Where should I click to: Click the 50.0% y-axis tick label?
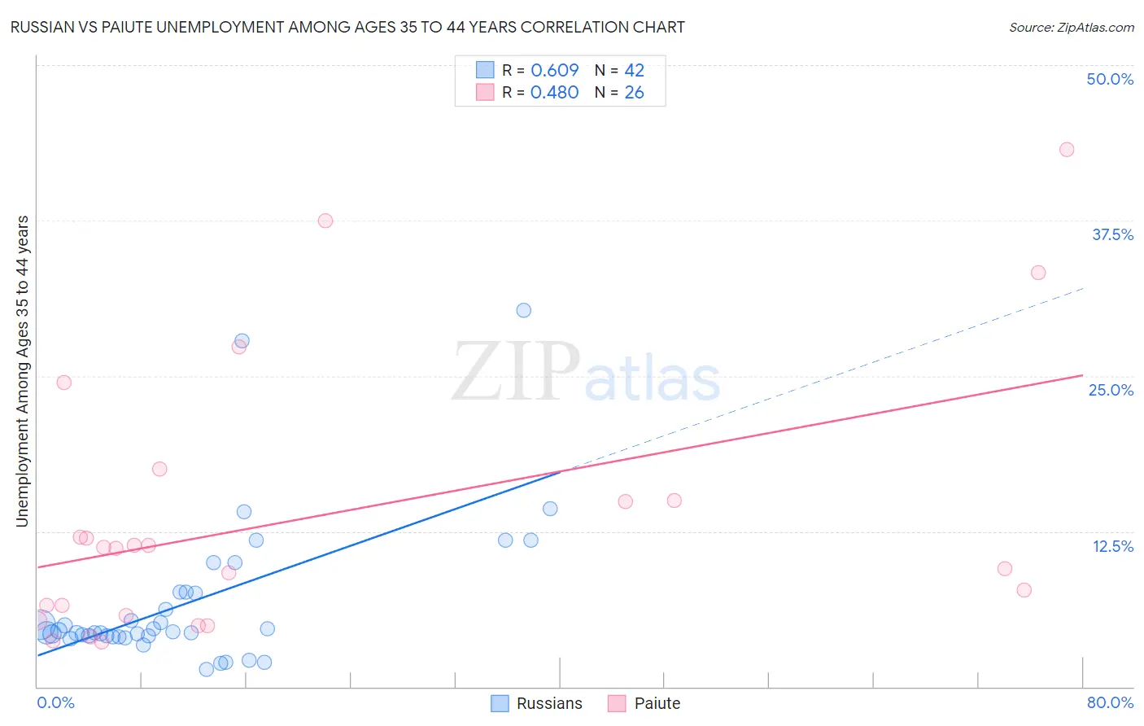1110,79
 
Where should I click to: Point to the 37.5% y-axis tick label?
1112,234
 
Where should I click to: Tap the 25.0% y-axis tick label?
1111,390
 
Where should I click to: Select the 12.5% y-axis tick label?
1112,546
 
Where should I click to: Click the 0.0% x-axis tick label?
55,702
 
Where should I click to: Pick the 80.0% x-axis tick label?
1110,702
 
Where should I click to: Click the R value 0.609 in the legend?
554,70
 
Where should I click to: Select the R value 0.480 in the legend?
554,93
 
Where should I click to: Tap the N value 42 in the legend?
634,70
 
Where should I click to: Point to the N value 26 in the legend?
634,93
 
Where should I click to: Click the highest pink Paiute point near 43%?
1067,150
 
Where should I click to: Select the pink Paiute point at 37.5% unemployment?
325,221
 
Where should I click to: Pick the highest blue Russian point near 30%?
524,310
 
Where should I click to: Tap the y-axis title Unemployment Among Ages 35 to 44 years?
22,371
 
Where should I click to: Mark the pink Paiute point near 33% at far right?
1038,273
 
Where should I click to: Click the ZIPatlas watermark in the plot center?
586,373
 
